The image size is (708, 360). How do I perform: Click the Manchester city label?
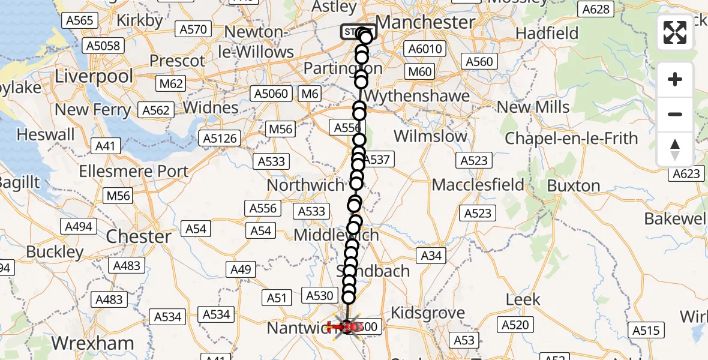pos(425,22)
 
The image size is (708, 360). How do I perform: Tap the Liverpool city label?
pos(94,76)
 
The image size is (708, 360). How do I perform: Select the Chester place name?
pos(139,236)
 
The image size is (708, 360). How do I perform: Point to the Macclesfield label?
pos(478,184)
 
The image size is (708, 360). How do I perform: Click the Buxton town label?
pos(573,185)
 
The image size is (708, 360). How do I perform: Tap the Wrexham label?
pos(92,343)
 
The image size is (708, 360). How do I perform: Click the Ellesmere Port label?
pos(133,170)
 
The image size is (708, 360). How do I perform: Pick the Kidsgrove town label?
pos(428,313)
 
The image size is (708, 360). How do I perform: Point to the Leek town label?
pos(523,299)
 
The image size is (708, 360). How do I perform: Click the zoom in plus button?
pos(675,79)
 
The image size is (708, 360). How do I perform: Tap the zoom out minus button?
pos(675,114)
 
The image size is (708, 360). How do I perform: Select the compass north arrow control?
pos(675,149)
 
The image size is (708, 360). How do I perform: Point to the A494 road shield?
pos(79,226)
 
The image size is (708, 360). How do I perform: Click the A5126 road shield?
pos(221,139)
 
